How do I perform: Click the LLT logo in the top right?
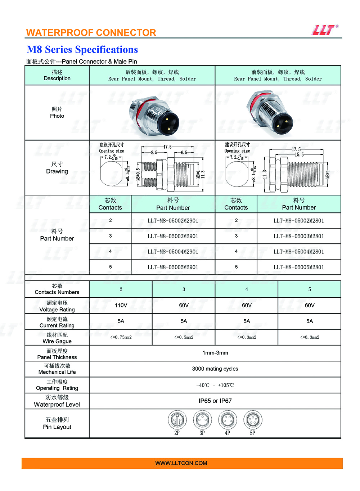tap(324, 30)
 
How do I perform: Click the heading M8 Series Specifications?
tap(82, 49)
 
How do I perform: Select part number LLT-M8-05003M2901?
tap(173, 236)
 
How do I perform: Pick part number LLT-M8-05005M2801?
tap(298, 267)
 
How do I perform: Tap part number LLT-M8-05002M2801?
tap(298, 221)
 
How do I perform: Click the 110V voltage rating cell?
tap(121, 305)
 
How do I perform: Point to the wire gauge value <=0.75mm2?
tap(121, 337)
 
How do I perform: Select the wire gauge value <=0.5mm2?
tap(184, 337)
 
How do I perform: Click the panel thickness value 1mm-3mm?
tap(215, 353)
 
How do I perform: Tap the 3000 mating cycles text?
tap(215, 369)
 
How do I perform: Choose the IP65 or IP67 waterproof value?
tap(215, 401)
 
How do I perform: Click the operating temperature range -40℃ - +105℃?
tap(215, 385)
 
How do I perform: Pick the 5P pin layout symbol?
tap(253, 420)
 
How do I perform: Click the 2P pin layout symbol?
tap(177, 420)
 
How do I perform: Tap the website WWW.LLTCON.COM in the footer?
tap(181, 463)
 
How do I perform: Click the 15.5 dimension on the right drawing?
tap(299, 154)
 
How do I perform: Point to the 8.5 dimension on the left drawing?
tap(154, 153)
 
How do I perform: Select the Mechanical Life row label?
tap(57, 369)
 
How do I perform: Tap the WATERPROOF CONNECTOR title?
tap(91, 33)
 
